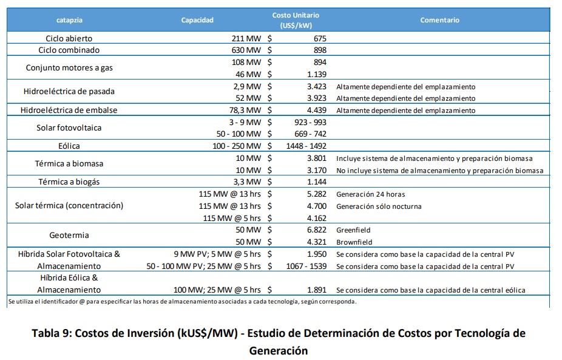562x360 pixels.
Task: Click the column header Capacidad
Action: [x=197, y=20]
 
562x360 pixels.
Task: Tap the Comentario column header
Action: [x=440, y=20]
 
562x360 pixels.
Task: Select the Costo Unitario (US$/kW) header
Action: [x=296, y=21]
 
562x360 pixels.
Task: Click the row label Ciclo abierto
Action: [x=69, y=38]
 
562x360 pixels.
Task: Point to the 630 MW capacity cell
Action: [x=246, y=50]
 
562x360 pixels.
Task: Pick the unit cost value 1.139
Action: [x=317, y=74]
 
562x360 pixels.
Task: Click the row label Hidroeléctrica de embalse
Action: [x=69, y=110]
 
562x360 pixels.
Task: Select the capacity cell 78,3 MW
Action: [x=245, y=110]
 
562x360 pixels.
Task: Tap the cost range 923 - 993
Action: [x=310, y=122]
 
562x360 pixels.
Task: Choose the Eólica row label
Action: [x=69, y=146]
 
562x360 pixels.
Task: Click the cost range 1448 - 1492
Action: [x=306, y=146]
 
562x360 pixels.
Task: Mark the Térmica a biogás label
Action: [x=69, y=182]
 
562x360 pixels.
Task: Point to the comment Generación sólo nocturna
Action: [x=379, y=206]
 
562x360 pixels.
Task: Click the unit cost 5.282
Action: [x=317, y=194]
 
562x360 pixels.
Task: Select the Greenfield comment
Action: [x=353, y=230]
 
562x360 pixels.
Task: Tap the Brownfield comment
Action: [x=354, y=242]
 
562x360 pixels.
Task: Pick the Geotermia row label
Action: [x=69, y=235]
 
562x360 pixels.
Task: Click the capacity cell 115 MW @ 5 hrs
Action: [x=232, y=218]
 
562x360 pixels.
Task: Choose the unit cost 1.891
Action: [x=317, y=290]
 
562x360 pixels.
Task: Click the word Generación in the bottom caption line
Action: [x=279, y=350]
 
